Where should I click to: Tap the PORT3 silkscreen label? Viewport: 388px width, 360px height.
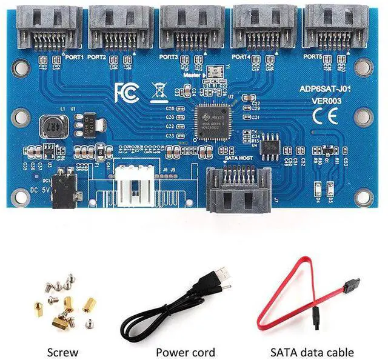168,57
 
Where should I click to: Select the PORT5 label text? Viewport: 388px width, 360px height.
312,56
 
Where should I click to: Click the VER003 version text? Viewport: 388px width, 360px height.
326,101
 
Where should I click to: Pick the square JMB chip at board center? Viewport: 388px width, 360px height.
214,123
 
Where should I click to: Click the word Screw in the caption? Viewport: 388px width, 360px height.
63,352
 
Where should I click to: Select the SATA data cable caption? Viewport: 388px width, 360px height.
312,352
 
